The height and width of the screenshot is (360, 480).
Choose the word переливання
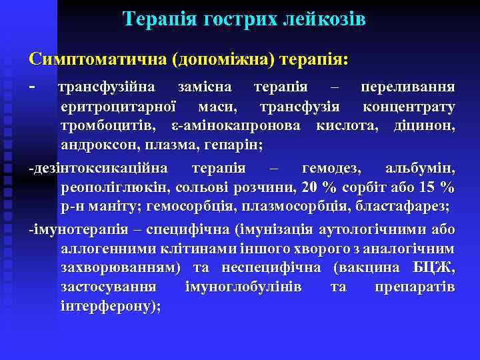[x=408, y=87]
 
